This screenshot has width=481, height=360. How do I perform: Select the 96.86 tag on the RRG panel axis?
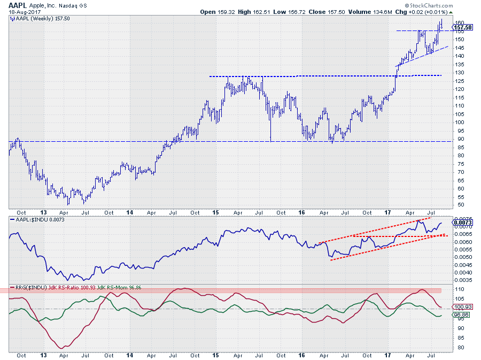coord(461,315)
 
